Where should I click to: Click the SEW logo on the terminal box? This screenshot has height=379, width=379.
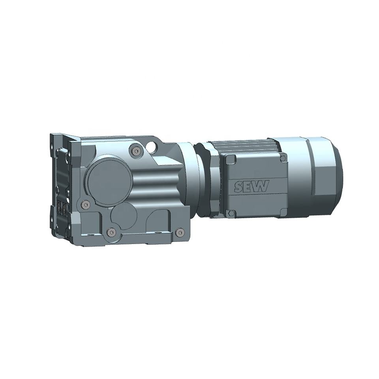click(x=251, y=186)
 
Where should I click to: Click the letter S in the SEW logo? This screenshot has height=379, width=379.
click(x=239, y=186)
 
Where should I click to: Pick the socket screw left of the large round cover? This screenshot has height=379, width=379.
click(x=84, y=205)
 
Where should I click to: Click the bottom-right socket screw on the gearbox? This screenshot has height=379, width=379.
click(x=179, y=232)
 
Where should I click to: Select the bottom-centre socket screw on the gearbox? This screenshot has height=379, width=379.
click(x=111, y=233)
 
